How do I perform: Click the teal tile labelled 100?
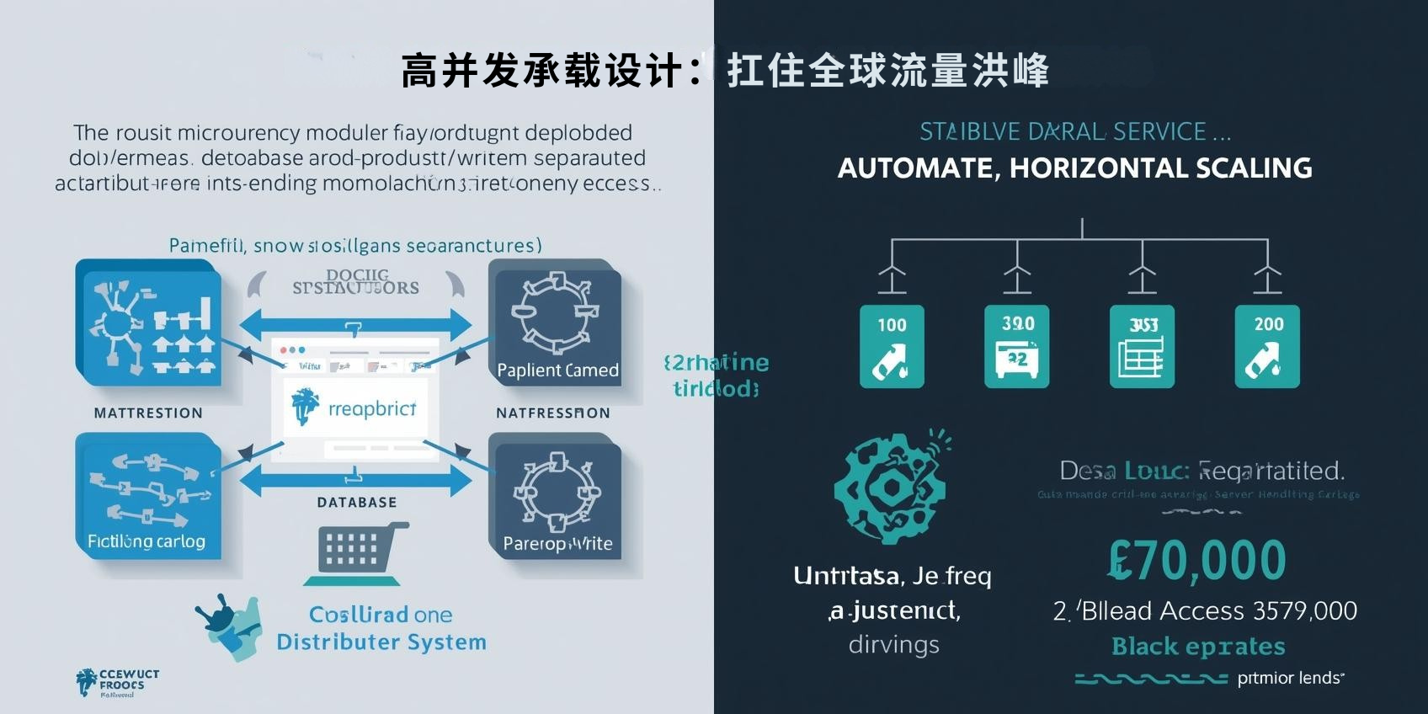[892, 346]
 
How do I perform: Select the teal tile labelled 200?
[1267, 346]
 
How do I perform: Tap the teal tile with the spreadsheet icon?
[1142, 346]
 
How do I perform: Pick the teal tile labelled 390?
[1017, 346]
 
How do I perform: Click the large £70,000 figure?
[1197, 561]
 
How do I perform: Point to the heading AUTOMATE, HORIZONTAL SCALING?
[1074, 168]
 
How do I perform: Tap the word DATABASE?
[357, 503]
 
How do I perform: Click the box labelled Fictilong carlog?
[148, 497]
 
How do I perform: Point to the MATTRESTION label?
[148, 413]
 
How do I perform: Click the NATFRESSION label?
[553, 413]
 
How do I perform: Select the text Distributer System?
[381, 642]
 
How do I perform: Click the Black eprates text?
[1198, 647]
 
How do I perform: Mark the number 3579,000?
[1305, 611]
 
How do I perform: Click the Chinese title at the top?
[724, 70]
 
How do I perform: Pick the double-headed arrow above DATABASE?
[356, 480]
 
